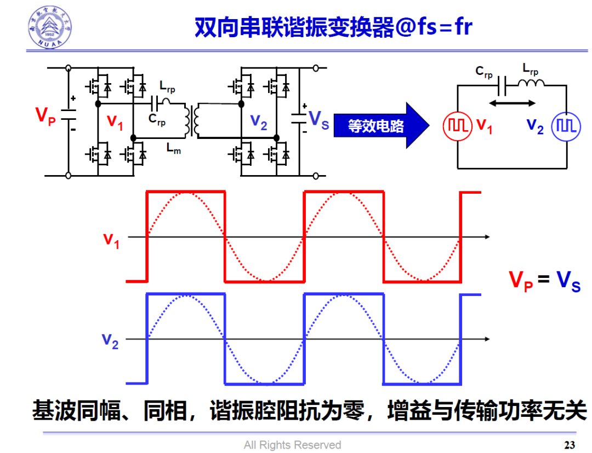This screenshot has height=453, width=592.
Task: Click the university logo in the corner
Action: point(50,27)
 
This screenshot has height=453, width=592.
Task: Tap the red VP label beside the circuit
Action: point(45,116)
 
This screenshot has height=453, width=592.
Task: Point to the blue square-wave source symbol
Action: point(565,125)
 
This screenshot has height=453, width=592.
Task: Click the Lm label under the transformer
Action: point(173,149)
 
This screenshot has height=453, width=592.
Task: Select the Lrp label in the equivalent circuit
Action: point(530,69)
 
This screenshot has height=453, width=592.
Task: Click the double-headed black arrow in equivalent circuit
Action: point(513,103)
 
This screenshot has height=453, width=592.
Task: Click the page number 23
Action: point(570,444)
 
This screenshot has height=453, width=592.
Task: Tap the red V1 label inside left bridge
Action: point(115,121)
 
